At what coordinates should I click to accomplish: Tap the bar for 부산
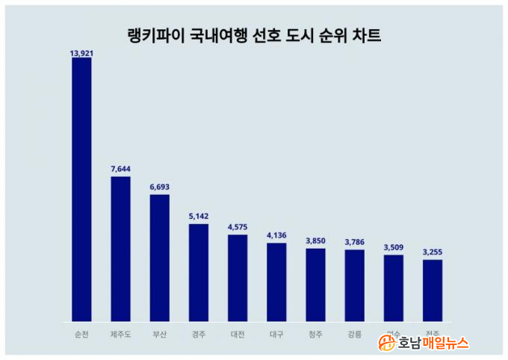(159, 258)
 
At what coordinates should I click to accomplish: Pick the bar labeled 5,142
(198, 273)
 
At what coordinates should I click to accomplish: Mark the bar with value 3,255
(433, 291)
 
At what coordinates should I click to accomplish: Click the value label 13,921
(81, 53)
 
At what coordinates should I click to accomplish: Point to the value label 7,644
(120, 171)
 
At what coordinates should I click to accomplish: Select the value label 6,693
(159, 189)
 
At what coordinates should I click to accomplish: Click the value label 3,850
(315, 242)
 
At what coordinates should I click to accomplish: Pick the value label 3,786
(354, 243)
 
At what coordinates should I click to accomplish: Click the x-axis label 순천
(81, 334)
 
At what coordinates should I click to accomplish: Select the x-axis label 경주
(198, 334)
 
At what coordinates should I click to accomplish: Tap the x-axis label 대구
(276, 334)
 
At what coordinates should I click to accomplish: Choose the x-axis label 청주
(315, 334)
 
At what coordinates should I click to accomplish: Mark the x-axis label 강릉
(354, 334)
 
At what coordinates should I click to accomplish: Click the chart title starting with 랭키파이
(253, 35)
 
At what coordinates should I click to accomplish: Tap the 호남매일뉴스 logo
(424, 343)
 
